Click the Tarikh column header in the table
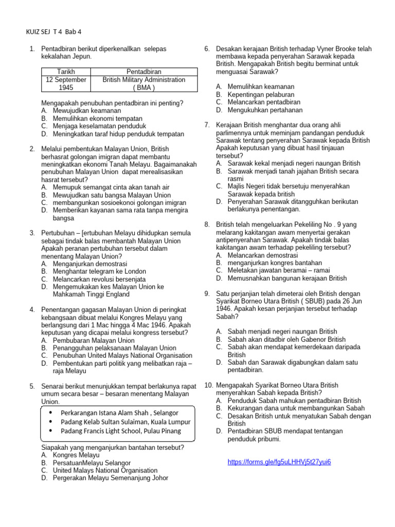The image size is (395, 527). [x=65, y=72]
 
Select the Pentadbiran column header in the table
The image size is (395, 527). [x=143, y=72]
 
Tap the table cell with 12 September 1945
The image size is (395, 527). [x=65, y=84]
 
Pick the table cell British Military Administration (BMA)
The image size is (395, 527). [x=143, y=84]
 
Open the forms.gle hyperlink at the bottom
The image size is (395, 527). [x=279, y=462]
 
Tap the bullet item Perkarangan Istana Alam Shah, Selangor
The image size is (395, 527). [x=119, y=413]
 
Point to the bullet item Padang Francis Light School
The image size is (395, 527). [x=120, y=431]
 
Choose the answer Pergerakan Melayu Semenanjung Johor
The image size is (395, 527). [x=110, y=478]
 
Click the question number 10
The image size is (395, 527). [x=208, y=385]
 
